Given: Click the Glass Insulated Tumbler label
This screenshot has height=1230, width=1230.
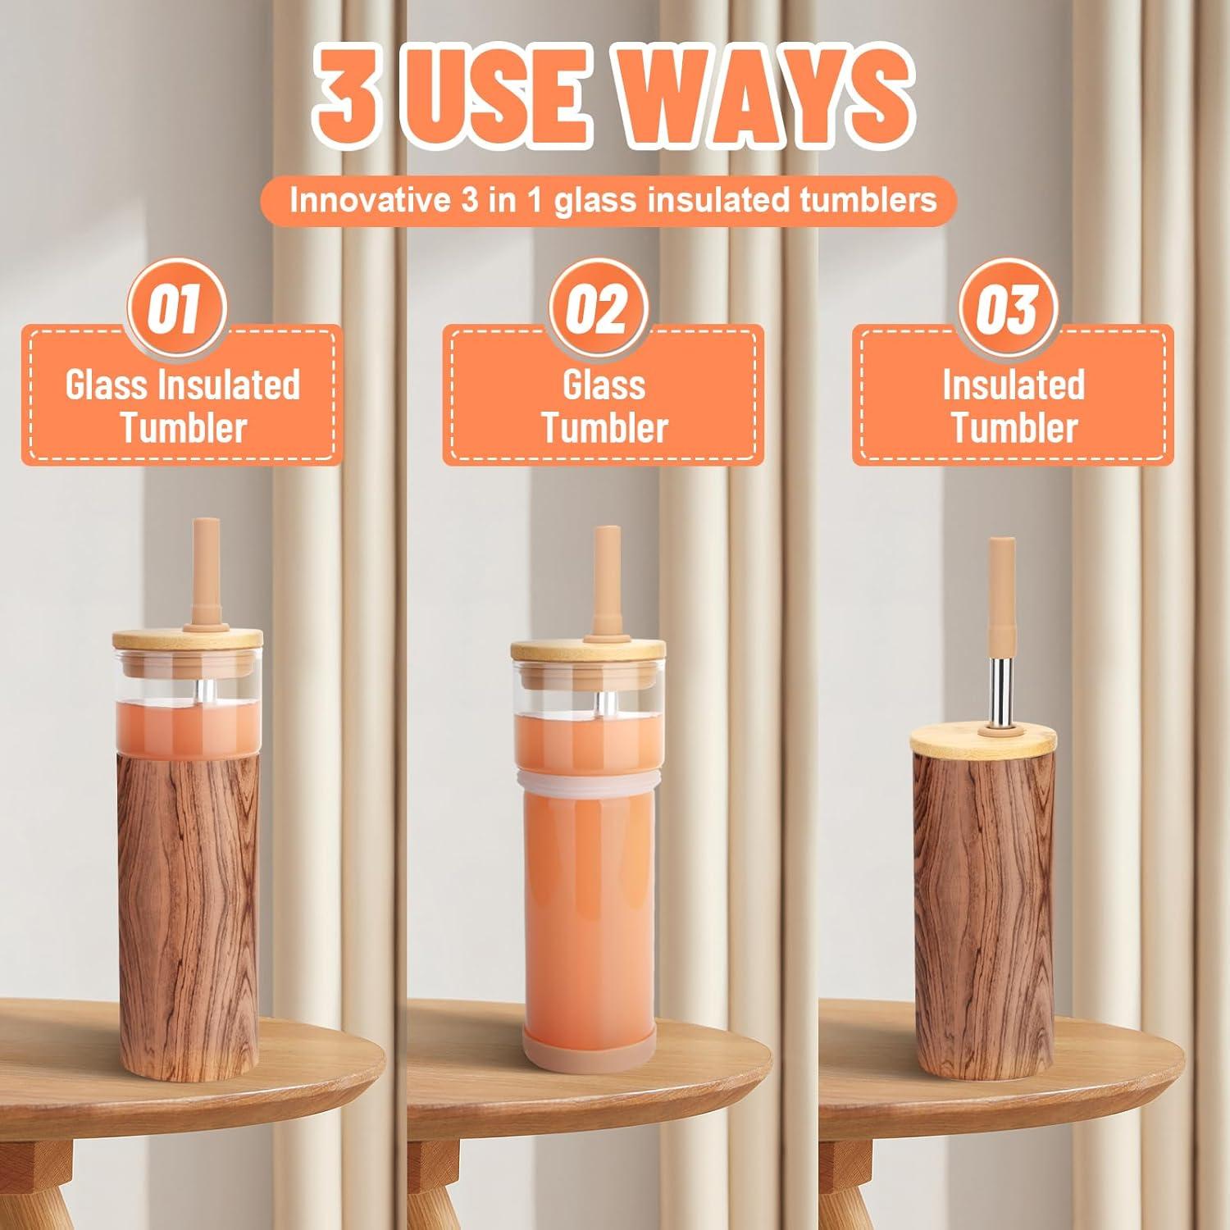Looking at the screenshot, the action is tap(182, 406).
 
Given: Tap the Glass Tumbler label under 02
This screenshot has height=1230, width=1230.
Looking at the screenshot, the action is tap(604, 406).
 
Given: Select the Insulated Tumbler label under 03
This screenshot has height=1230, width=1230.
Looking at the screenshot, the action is tap(1014, 406).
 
